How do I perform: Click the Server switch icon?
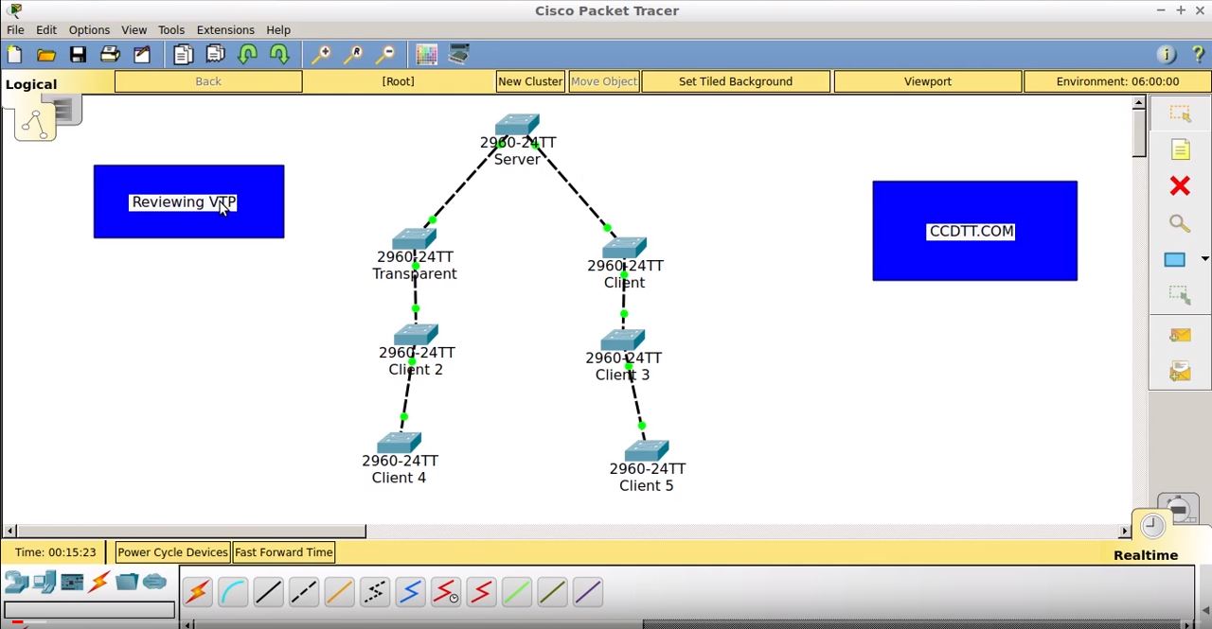point(517,124)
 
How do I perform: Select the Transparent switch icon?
point(415,238)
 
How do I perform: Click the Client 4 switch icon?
point(400,443)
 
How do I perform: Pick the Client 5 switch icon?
point(647,450)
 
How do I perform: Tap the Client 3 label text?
point(622,375)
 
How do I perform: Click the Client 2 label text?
point(416,369)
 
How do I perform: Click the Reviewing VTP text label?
point(184,201)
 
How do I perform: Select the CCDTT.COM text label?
point(971,232)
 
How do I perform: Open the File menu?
point(15,29)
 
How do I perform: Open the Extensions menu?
point(225,29)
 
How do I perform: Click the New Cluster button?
point(530,81)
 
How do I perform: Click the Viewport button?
point(927,81)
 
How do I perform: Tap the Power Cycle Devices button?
point(172,552)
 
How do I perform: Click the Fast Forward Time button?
point(283,552)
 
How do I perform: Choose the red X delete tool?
point(1180,186)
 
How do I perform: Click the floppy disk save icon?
point(78,55)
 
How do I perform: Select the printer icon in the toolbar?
point(110,54)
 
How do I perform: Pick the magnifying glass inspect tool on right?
point(1180,223)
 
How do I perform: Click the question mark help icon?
point(1198,55)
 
